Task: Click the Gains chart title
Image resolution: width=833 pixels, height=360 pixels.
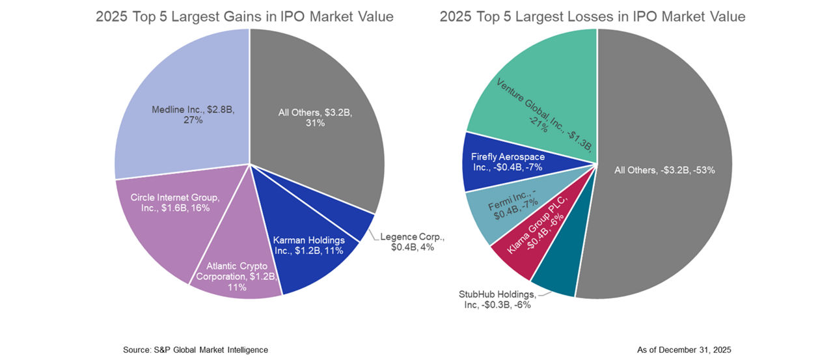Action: point(244,16)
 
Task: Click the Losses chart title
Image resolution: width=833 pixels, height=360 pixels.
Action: point(592,16)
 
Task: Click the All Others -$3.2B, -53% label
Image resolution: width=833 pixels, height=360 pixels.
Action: point(664,171)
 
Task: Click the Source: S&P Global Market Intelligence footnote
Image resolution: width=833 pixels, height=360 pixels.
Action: point(195,350)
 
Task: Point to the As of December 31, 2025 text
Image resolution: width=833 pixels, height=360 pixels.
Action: point(684,350)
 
